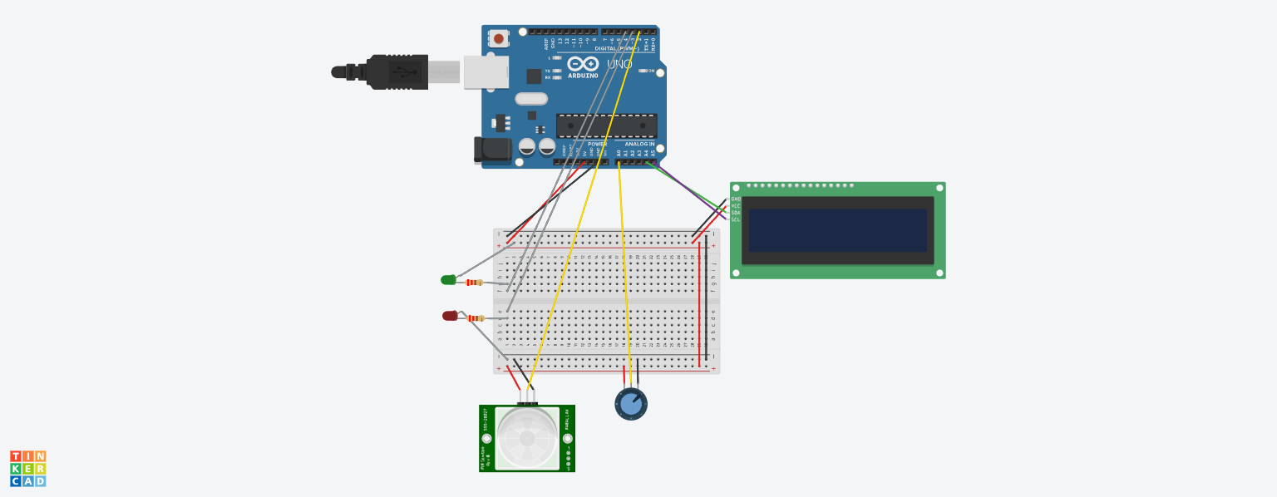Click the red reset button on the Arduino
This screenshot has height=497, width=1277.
click(498, 38)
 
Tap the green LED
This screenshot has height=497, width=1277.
click(448, 280)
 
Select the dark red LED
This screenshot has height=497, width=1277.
click(450, 316)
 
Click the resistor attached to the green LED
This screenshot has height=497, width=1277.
click(474, 283)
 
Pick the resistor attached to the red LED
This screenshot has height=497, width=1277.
click(476, 318)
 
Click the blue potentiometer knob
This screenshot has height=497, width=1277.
click(631, 404)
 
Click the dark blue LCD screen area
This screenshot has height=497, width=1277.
click(837, 230)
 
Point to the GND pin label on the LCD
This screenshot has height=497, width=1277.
click(736, 199)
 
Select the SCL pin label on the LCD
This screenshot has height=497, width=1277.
click(736, 219)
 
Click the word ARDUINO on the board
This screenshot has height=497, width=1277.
click(583, 76)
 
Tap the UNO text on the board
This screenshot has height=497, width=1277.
click(619, 64)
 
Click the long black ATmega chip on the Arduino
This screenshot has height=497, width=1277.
click(606, 125)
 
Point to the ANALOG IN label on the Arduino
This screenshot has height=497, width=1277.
click(639, 144)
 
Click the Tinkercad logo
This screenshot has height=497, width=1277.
click(28, 469)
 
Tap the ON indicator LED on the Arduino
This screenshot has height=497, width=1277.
click(643, 71)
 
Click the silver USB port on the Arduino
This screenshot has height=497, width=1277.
click(486, 72)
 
